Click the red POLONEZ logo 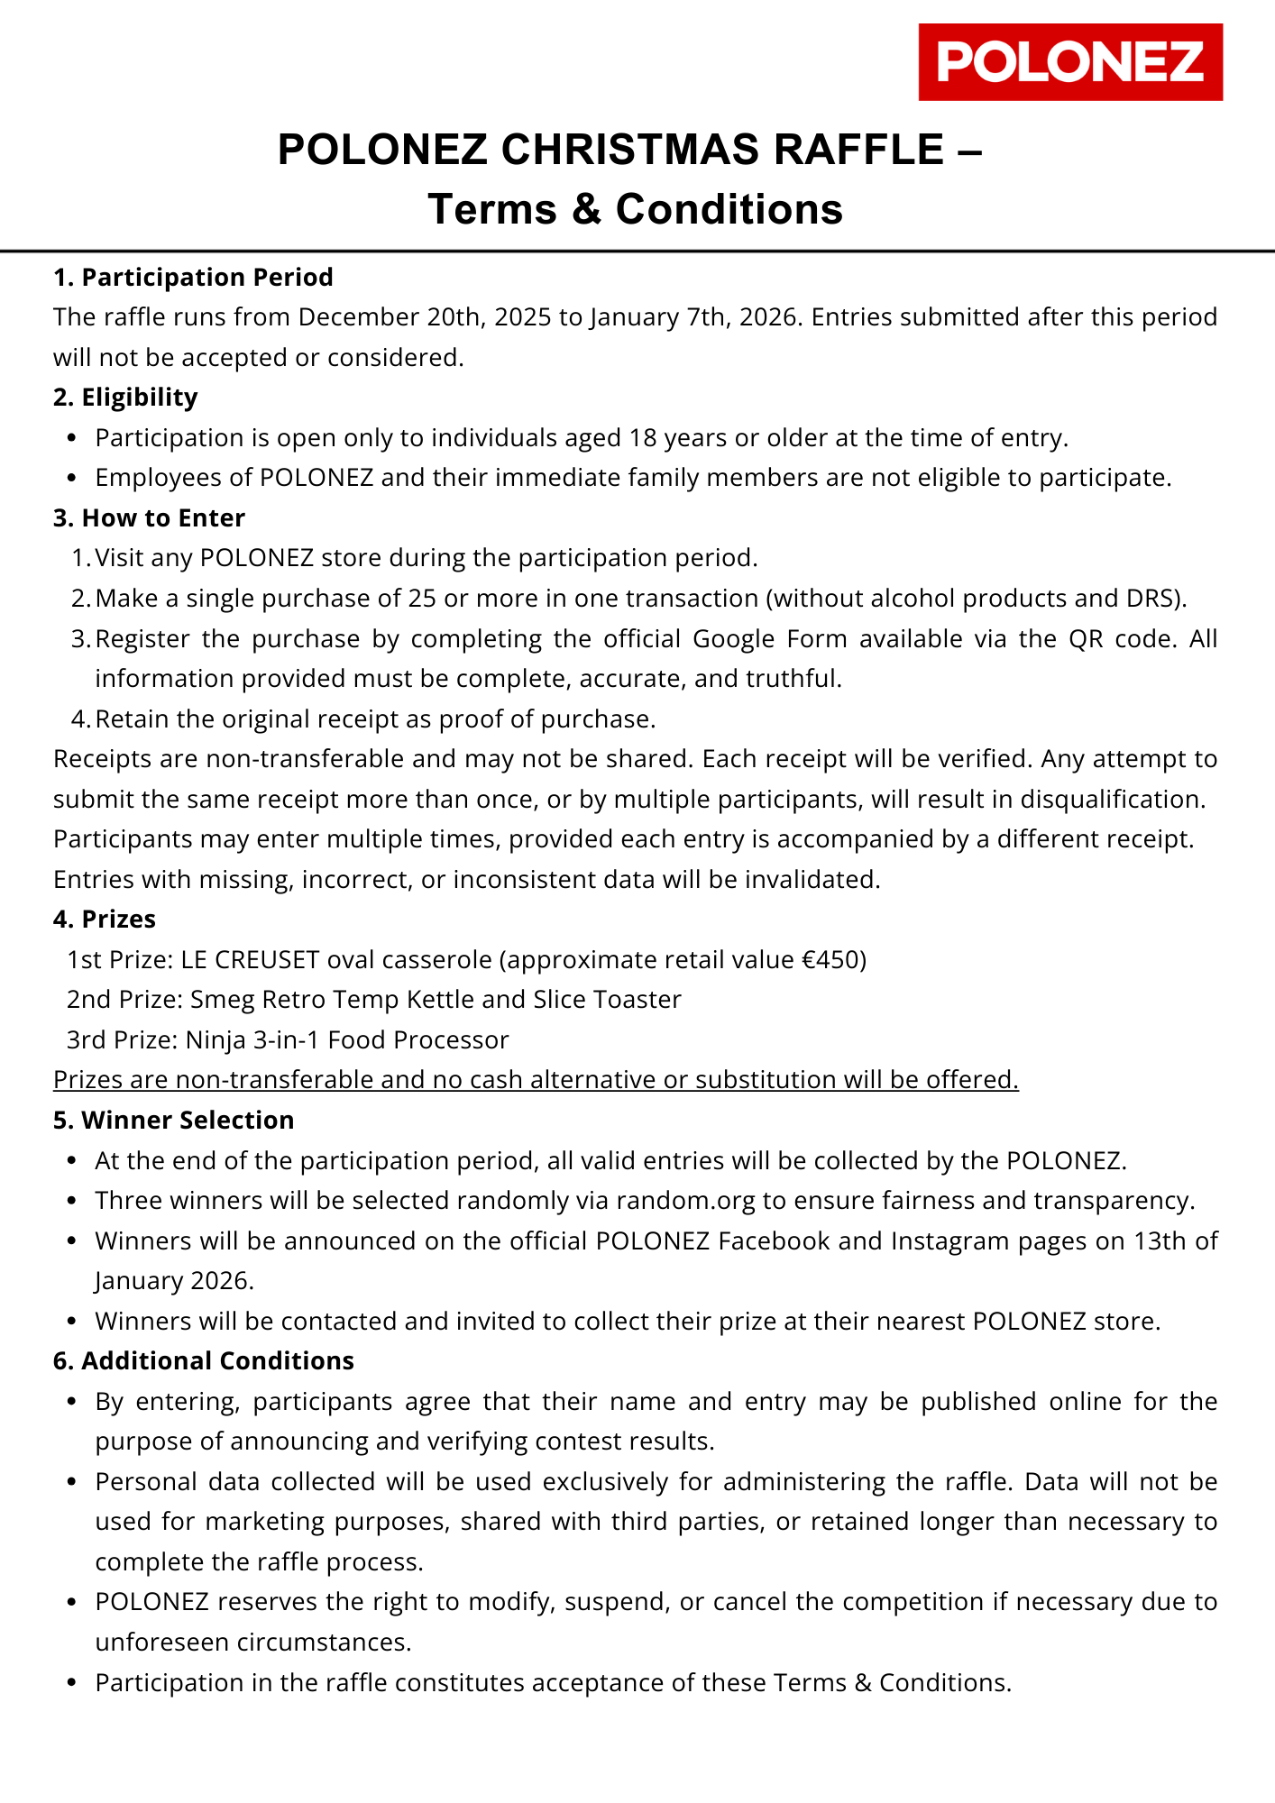click(1070, 62)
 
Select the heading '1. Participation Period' click(193, 277)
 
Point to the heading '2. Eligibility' click(125, 398)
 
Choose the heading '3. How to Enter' click(149, 518)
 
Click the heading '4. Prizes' click(105, 920)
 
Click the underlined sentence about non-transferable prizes click(536, 1080)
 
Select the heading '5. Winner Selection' click(173, 1121)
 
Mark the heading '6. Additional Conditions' click(203, 1361)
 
